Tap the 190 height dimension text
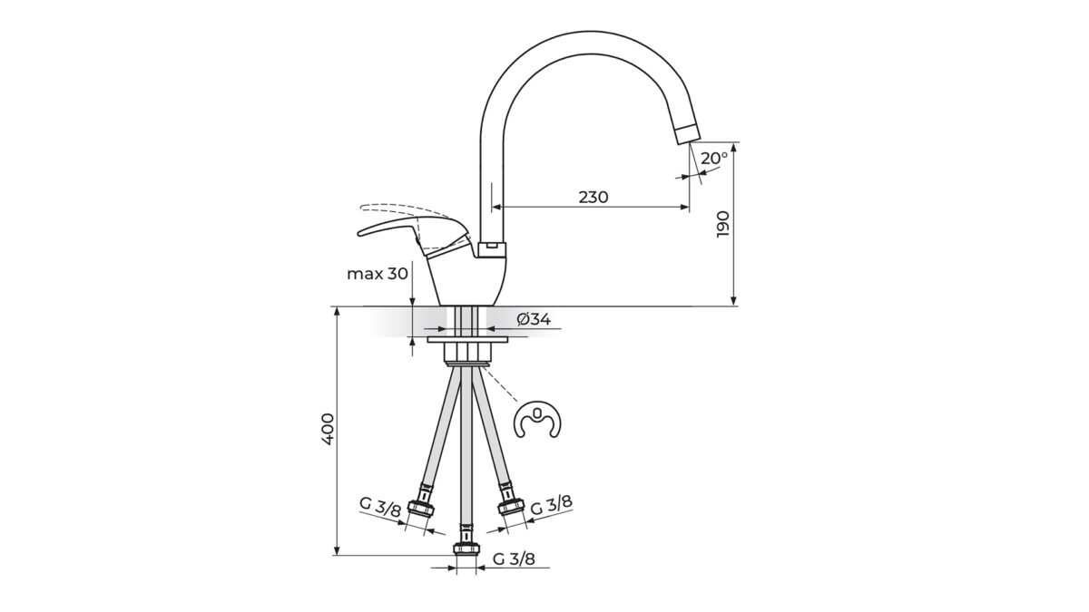(x=723, y=223)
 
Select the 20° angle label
(x=714, y=158)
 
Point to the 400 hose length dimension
(x=329, y=428)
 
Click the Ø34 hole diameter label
(x=534, y=319)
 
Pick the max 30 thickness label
(x=377, y=273)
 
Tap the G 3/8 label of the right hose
(x=551, y=504)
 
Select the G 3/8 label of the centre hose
(x=514, y=559)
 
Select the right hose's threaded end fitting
(x=511, y=505)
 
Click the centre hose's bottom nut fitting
(x=466, y=547)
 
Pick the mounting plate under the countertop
(x=466, y=340)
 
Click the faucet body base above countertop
(x=468, y=281)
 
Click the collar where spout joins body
(x=491, y=246)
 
